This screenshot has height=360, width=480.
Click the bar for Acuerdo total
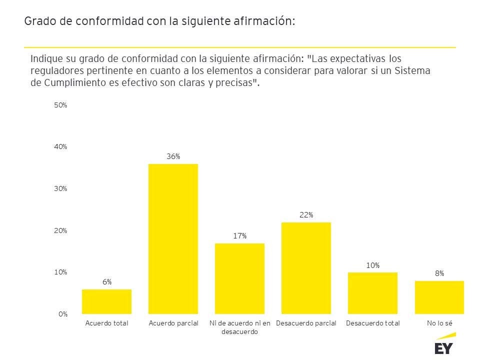pos(106,301)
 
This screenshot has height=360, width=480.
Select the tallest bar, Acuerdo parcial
pos(173,239)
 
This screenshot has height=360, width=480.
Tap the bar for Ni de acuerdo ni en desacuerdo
pos(239,278)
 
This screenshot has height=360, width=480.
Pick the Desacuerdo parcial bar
pos(306,268)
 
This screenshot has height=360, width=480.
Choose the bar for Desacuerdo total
pos(372,293)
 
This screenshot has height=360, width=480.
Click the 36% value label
pos(173,156)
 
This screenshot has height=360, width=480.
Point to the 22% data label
pos(306,215)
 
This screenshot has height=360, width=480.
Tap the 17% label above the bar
pos(239,236)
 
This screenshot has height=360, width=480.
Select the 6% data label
pos(107,282)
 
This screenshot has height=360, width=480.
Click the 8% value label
pos(439,273)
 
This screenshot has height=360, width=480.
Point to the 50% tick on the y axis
pos(60,105)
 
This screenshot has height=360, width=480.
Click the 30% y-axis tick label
pos(60,189)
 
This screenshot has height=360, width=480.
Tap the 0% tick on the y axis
pos(62,314)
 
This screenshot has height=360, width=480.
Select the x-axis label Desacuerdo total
pos(372,323)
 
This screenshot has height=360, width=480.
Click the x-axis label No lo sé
pos(439,323)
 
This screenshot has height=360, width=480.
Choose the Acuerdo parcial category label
pos(173,323)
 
